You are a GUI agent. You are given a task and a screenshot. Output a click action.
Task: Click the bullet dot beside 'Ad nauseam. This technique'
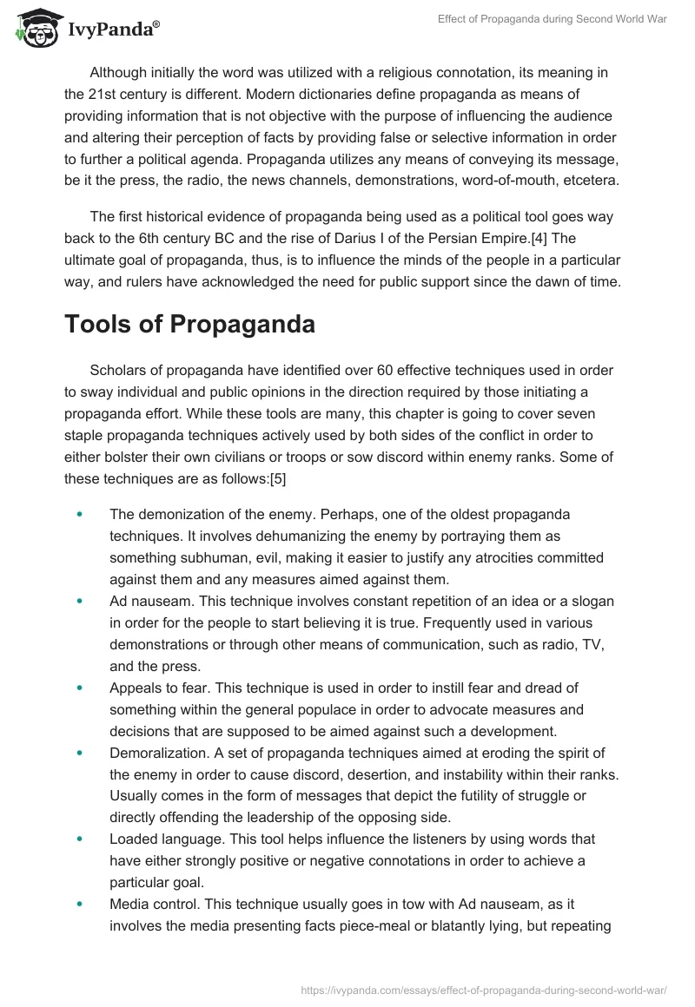pyautogui.click(x=80, y=600)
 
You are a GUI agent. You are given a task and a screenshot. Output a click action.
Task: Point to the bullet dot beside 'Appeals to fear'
pyautogui.click(x=80, y=687)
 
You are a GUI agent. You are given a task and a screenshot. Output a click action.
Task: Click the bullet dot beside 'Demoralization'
pyautogui.click(x=80, y=752)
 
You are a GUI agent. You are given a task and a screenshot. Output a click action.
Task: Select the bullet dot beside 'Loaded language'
pyautogui.click(x=80, y=839)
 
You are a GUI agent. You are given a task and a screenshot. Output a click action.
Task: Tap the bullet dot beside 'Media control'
pyautogui.click(x=80, y=904)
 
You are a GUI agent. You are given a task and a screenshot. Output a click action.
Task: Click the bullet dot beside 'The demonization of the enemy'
pyautogui.click(x=80, y=514)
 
